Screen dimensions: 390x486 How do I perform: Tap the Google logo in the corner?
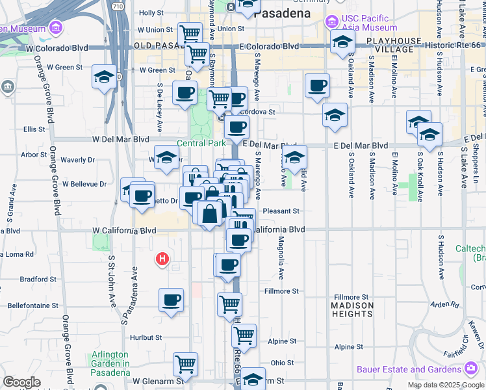[x=21, y=382]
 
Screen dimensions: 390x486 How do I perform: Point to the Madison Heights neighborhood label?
[x=352, y=309]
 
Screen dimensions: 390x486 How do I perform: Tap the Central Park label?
[x=201, y=143]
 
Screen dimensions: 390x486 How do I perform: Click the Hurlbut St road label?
[x=145, y=337]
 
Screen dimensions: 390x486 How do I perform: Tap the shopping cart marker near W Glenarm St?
[x=185, y=363]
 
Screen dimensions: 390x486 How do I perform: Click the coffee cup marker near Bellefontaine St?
[x=172, y=300]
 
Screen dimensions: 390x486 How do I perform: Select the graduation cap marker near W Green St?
[x=104, y=77]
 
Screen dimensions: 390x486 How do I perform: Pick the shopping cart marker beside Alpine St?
[x=244, y=335]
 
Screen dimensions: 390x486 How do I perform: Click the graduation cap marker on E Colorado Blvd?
[x=342, y=43]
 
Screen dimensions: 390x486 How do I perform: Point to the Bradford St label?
[x=34, y=279]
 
